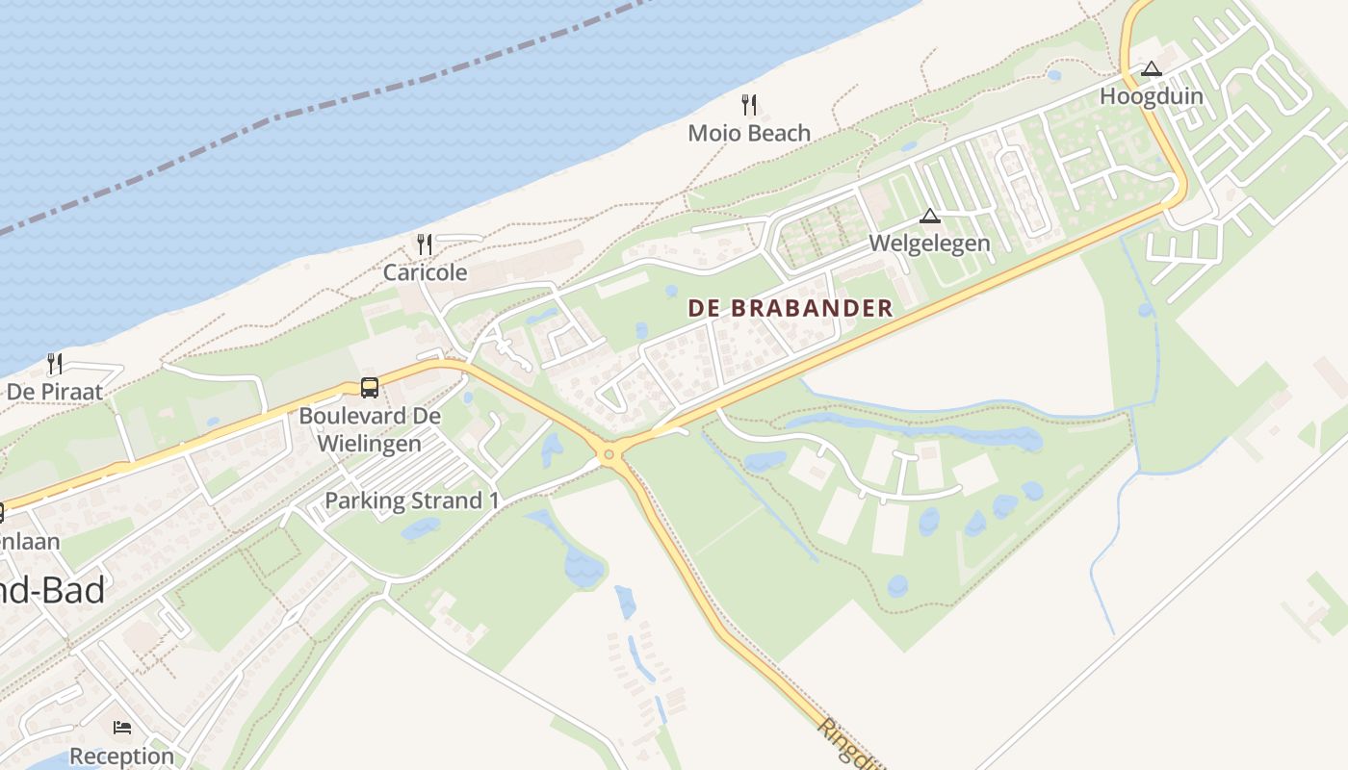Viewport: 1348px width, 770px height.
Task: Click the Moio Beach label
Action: (x=749, y=133)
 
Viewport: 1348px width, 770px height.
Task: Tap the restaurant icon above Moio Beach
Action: (x=749, y=104)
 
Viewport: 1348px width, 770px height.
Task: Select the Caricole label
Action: (x=425, y=272)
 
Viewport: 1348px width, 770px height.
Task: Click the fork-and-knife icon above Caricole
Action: (x=425, y=244)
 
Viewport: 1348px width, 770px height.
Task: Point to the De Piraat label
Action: (x=54, y=392)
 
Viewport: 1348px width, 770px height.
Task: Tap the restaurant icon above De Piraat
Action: (x=55, y=364)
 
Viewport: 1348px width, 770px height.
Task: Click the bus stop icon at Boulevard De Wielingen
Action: (x=370, y=388)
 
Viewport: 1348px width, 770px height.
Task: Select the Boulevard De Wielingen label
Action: (x=370, y=429)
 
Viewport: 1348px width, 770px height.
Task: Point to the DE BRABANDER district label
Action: (x=790, y=308)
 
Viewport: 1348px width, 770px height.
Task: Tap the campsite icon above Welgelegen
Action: (x=929, y=216)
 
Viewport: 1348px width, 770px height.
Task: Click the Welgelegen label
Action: (x=929, y=243)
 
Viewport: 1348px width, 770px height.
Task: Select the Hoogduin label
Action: (x=1151, y=96)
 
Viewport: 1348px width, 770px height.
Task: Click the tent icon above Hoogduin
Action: (x=1151, y=69)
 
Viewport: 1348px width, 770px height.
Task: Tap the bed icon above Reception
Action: (x=122, y=727)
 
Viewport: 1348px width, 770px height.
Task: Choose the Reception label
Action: (x=121, y=756)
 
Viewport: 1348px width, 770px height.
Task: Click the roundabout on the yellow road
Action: (x=609, y=453)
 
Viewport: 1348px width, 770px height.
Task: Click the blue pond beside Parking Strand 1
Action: (x=421, y=527)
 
